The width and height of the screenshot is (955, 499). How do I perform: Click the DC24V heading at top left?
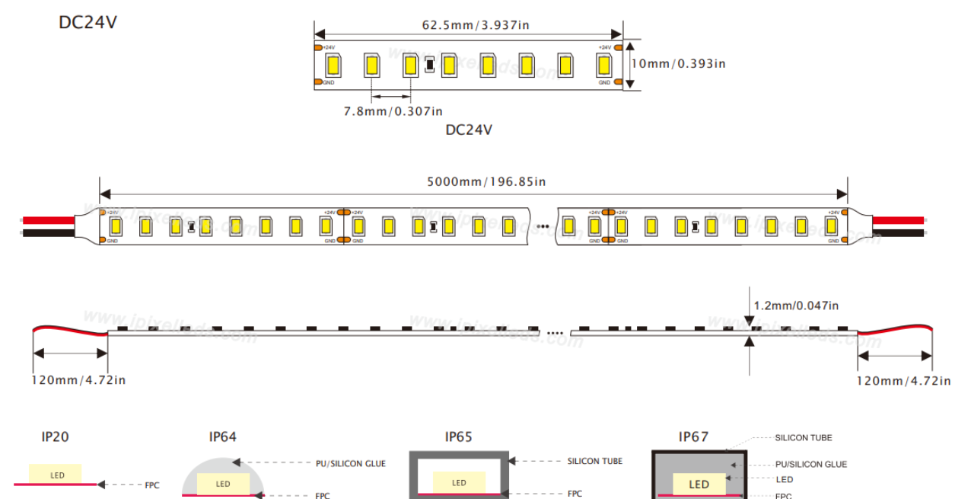click(x=88, y=23)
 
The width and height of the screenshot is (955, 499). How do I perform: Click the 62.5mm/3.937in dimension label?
click(x=476, y=25)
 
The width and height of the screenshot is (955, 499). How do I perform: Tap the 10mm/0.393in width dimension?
click(x=678, y=63)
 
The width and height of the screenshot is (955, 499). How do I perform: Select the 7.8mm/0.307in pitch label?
click(x=393, y=111)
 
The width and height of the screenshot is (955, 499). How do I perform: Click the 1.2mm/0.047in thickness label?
click(x=796, y=305)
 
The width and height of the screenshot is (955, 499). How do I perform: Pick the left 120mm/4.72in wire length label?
click(x=78, y=380)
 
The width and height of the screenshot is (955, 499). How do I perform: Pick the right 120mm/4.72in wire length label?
click(x=903, y=381)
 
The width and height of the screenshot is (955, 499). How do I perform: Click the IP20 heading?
click(x=55, y=437)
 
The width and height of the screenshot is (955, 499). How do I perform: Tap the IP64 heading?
click(x=223, y=437)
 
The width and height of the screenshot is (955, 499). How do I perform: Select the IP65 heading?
click(x=459, y=437)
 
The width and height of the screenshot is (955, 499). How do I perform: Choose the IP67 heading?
click(x=693, y=437)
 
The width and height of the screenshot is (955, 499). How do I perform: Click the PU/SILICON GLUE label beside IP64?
click(x=350, y=463)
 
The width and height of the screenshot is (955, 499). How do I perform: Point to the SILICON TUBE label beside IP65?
click(x=594, y=461)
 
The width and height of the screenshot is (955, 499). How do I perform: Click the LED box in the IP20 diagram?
click(x=57, y=475)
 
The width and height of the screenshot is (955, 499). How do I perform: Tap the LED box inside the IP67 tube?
click(x=699, y=485)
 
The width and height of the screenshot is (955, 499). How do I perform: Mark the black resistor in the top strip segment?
click(x=429, y=66)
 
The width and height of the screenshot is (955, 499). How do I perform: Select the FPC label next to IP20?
click(x=152, y=485)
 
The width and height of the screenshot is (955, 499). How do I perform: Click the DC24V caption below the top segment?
click(x=469, y=130)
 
